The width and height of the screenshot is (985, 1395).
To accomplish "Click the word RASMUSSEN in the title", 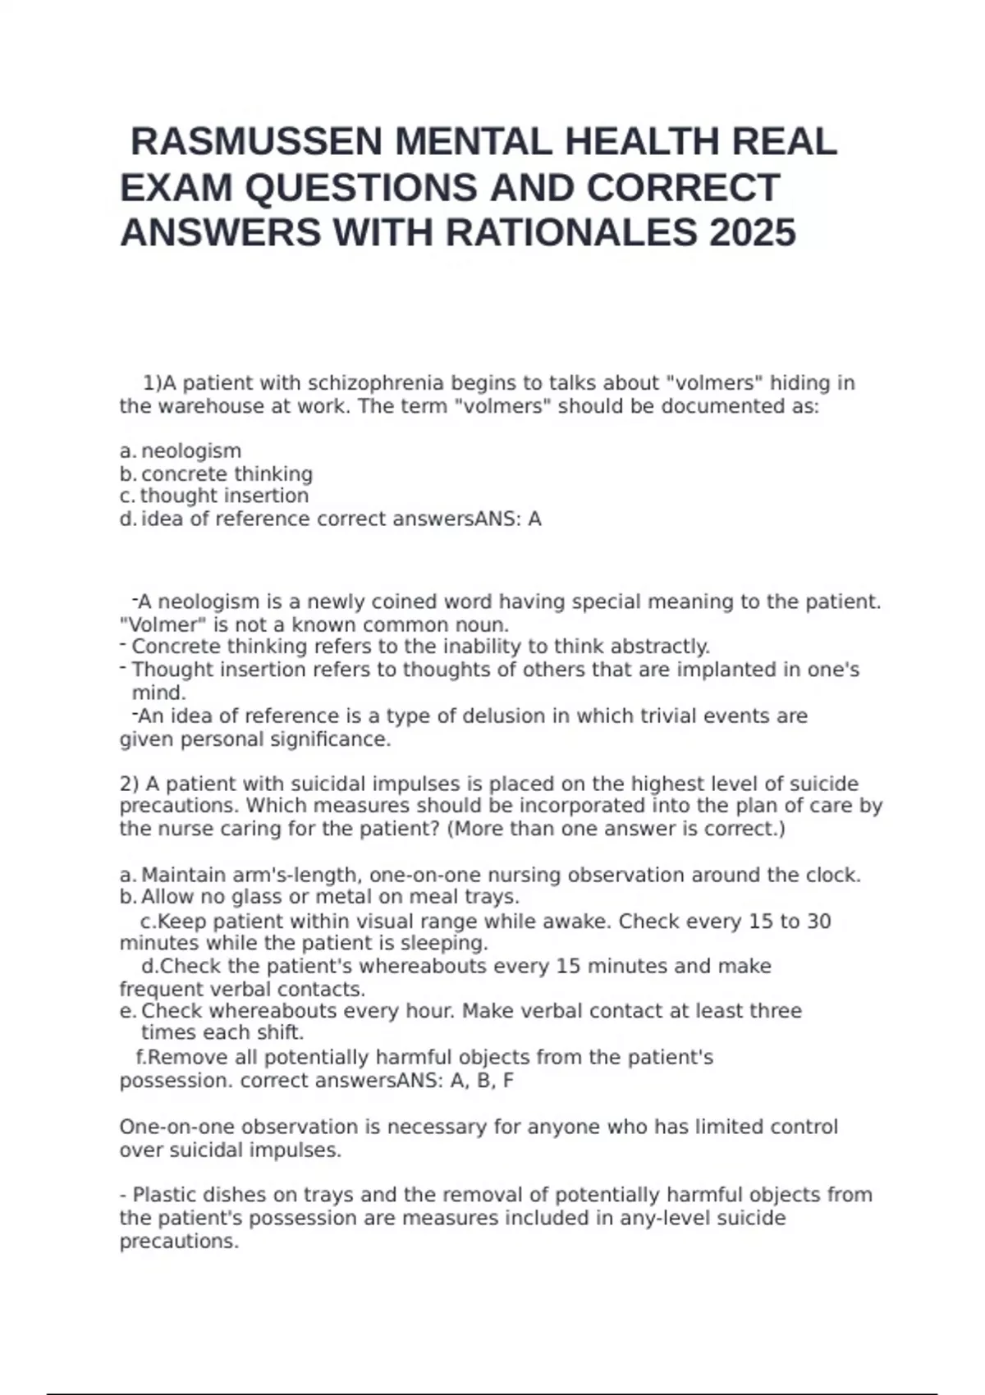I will (258, 142).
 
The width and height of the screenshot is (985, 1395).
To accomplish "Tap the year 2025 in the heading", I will (752, 232).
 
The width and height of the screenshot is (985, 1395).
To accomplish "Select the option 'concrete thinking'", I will (227, 474).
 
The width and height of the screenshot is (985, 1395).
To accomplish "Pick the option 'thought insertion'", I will (224, 496).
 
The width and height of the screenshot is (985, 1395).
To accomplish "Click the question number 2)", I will (130, 784).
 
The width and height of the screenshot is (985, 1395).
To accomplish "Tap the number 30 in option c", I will (818, 922).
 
